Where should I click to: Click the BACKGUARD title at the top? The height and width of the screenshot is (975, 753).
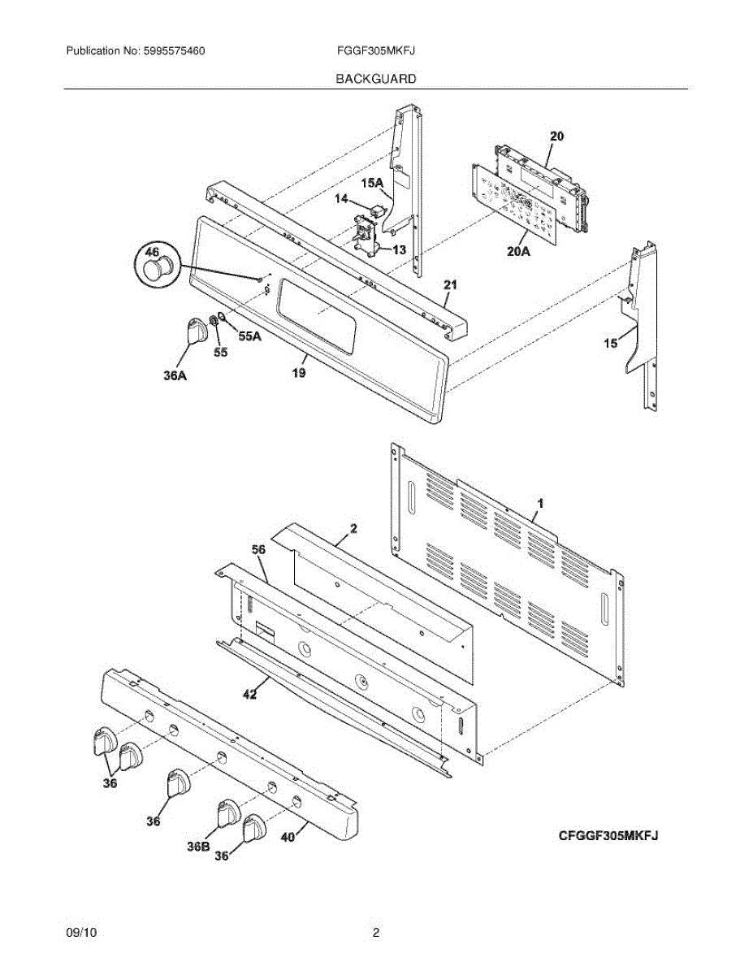click(x=376, y=79)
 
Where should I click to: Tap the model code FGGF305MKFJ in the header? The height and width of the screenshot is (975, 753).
click(x=376, y=51)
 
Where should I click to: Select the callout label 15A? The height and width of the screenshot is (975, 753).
click(x=372, y=184)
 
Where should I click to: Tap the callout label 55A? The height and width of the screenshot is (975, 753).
click(x=249, y=336)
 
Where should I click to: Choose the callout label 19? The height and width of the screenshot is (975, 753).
click(x=298, y=374)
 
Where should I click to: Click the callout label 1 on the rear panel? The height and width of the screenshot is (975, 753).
click(x=540, y=504)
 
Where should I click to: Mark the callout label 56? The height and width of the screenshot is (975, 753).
click(x=258, y=550)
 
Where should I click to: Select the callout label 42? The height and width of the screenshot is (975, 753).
click(x=249, y=694)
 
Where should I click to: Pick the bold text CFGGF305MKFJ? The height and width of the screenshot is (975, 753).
click(x=607, y=835)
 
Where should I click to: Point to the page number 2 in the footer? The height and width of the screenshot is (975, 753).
click(x=376, y=934)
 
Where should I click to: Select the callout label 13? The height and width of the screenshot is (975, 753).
click(x=398, y=249)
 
